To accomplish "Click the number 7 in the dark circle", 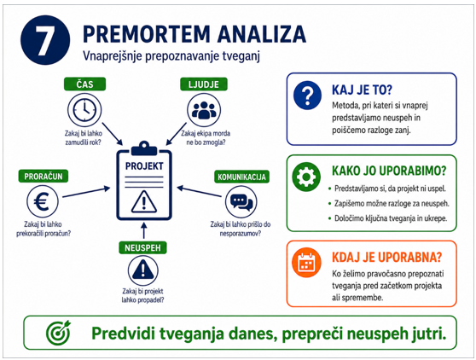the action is [x=45, y=40].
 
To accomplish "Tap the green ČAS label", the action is [x=84, y=84].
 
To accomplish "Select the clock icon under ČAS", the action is [x=84, y=110].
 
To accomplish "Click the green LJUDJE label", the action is [x=204, y=84].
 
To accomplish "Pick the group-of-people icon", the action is [x=204, y=110].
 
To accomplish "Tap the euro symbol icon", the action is [x=42, y=201].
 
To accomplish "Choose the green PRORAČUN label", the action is [x=44, y=176].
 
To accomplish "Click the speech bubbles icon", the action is [x=241, y=202].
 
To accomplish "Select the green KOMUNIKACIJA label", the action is [x=241, y=177].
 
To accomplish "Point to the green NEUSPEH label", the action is [x=142, y=247].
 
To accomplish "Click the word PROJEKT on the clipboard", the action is [x=144, y=166].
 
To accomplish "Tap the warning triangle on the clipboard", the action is [x=144, y=201].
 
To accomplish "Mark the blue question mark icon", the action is [x=307, y=95].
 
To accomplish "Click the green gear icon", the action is [x=306, y=177].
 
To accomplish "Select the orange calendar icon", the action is [x=306, y=262].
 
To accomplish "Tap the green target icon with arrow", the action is [x=58, y=333].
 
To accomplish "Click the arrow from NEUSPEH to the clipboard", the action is [x=144, y=230].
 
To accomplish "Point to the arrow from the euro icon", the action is [x=86, y=192].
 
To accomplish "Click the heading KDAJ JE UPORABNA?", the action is [x=386, y=257].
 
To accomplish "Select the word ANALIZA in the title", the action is [x=261, y=33].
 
